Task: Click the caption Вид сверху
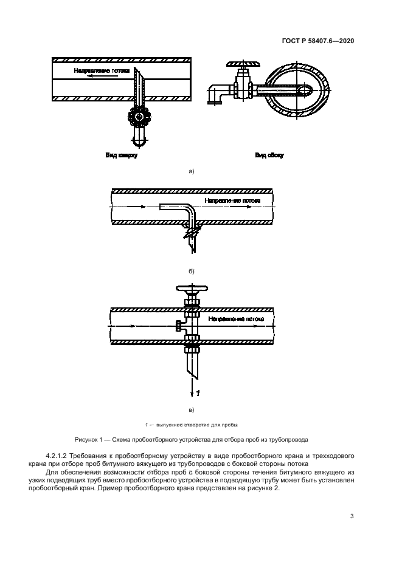pyautogui.click(x=122, y=156)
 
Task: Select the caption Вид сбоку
pyautogui.click(x=269, y=156)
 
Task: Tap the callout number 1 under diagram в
pyautogui.click(x=198, y=393)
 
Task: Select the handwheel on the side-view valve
pyautogui.click(x=241, y=63)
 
